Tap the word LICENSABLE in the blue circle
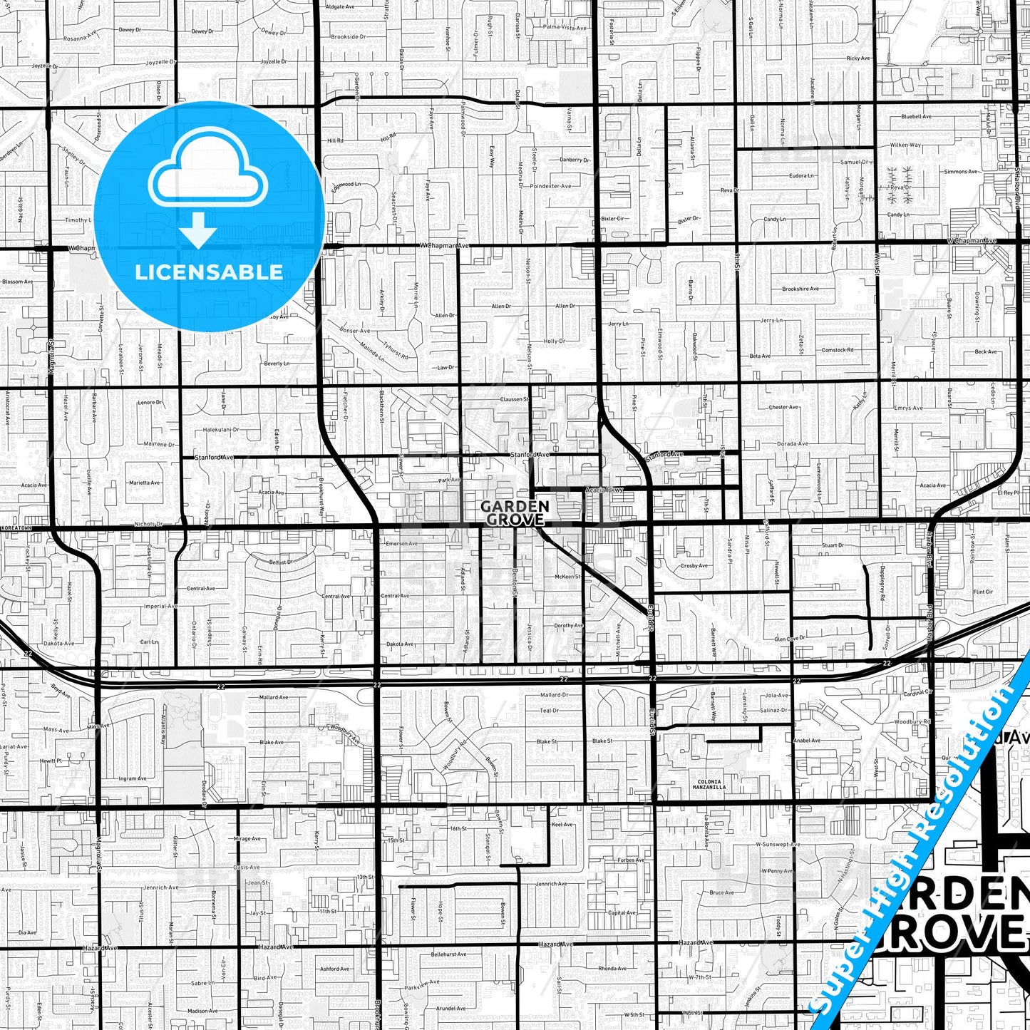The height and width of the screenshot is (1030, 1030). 209,272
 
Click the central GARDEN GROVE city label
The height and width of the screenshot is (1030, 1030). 515,513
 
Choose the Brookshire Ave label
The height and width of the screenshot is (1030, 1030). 800,289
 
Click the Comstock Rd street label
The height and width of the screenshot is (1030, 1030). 838,350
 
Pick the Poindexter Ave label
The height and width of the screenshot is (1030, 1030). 552,186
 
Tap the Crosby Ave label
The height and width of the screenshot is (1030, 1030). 694,565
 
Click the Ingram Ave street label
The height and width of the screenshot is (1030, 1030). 132,778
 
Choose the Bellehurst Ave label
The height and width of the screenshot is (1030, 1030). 448,954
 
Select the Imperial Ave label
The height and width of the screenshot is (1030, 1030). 160,606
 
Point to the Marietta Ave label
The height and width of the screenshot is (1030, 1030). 144,483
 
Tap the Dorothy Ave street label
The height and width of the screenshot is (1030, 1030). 568,625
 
